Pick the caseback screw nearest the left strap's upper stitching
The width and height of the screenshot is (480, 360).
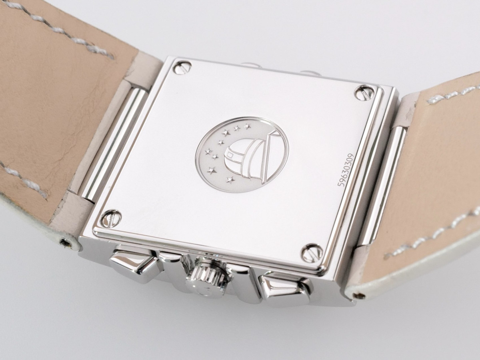pos(182,67)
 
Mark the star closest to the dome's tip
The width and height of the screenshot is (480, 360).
pos(247,127)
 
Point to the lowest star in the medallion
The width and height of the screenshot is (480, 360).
pos(230,179)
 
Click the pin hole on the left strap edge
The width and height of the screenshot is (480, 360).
pos(64,242)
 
